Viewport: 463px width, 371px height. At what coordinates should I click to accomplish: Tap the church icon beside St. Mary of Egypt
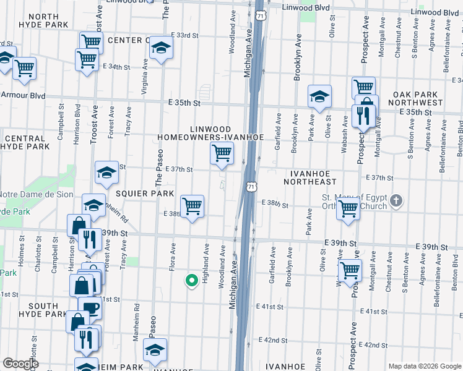point(397,201)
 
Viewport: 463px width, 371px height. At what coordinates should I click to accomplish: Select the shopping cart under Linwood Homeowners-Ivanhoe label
point(222,152)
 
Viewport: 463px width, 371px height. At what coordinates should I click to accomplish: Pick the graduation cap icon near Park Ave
point(319,96)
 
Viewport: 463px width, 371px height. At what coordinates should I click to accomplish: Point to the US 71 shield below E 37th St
point(251,186)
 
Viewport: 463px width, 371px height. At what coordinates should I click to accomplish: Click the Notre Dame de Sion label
point(32,198)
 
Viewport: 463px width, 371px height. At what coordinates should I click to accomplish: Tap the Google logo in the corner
point(20,364)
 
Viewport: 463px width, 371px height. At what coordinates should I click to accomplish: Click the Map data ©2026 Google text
point(424,366)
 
